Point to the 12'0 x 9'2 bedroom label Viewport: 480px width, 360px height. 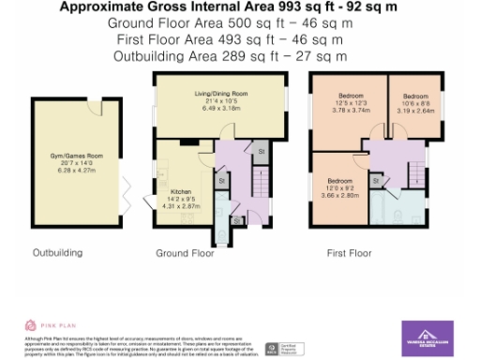(339, 185)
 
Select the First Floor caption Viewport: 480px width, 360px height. (349, 253)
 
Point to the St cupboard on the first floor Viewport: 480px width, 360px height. (376, 179)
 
